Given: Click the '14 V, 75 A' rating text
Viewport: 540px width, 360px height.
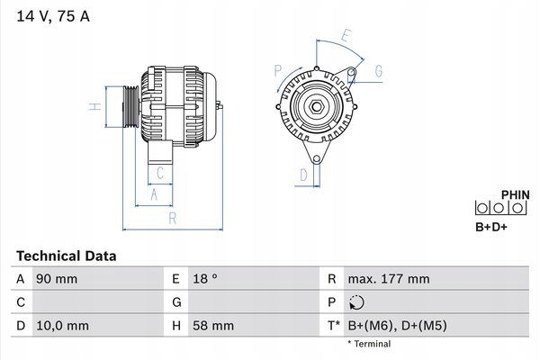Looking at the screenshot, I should click(x=51, y=16).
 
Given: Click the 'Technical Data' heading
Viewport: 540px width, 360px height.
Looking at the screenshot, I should click(x=66, y=256).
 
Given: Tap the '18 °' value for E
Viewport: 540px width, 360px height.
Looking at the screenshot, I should click(x=206, y=279).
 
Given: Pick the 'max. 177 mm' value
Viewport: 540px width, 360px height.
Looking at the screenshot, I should click(x=391, y=279).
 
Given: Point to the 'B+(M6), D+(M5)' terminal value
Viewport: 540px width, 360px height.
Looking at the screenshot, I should click(x=398, y=326).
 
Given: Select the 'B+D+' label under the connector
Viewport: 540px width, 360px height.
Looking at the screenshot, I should click(x=491, y=227).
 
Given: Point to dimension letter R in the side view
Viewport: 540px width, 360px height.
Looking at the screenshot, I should click(x=172, y=219).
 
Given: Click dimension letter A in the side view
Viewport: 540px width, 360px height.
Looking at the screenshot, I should click(x=154, y=195).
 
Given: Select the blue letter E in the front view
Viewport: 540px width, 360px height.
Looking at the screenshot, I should click(x=346, y=37).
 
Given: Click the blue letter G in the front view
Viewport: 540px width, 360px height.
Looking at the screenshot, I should click(x=378, y=71).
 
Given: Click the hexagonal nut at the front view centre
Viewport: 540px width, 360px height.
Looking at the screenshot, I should click(x=318, y=108).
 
